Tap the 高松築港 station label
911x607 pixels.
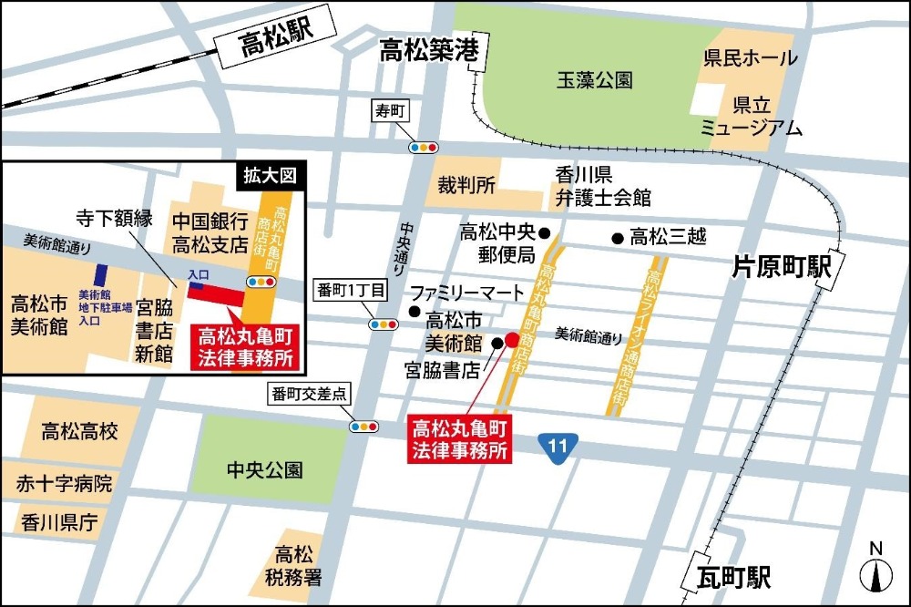pos(428,52)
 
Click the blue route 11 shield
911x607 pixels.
pos(557,446)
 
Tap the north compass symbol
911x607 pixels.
pos(876,571)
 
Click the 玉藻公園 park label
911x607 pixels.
pos(594,81)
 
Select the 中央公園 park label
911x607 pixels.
pos(264,470)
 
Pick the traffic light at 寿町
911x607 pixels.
pos(424,146)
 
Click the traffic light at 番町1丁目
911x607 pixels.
pos(383,324)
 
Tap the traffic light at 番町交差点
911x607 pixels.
pos(363,426)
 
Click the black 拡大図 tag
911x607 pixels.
pos(272,175)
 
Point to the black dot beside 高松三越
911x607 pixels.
pos(618,239)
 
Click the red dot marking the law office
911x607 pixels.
pos(512,339)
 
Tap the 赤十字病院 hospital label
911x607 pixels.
pos(64,484)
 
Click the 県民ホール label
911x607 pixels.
pos(751,58)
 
